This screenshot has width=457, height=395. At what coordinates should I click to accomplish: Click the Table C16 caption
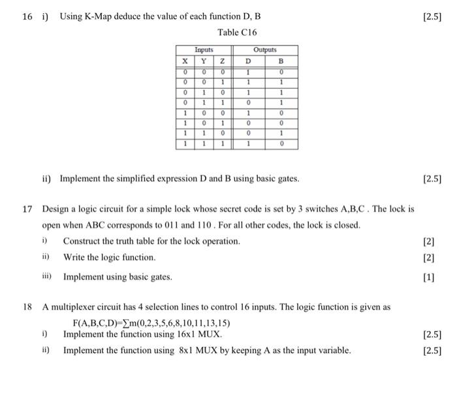point(238,32)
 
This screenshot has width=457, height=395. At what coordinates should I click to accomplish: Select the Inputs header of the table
point(204,50)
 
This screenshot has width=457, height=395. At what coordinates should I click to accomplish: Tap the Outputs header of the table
point(265,50)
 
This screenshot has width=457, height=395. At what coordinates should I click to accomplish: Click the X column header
point(186,59)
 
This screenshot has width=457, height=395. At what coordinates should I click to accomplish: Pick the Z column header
point(222,59)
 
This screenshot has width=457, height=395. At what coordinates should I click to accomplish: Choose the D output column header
point(247,59)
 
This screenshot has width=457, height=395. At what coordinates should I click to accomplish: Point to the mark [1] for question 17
point(428,277)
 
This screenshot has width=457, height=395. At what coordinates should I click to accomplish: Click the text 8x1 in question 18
point(187,351)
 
